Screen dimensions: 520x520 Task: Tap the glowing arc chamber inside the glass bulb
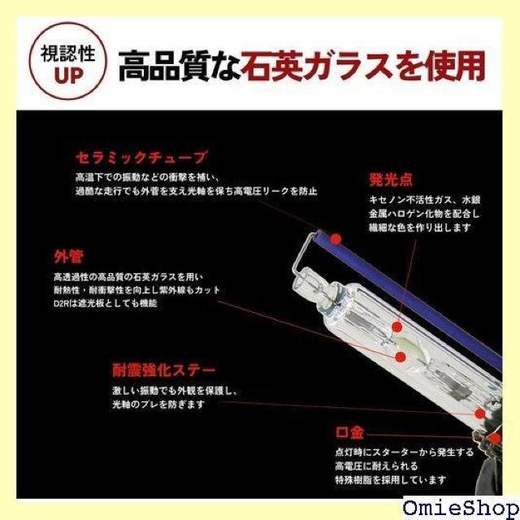401,340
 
